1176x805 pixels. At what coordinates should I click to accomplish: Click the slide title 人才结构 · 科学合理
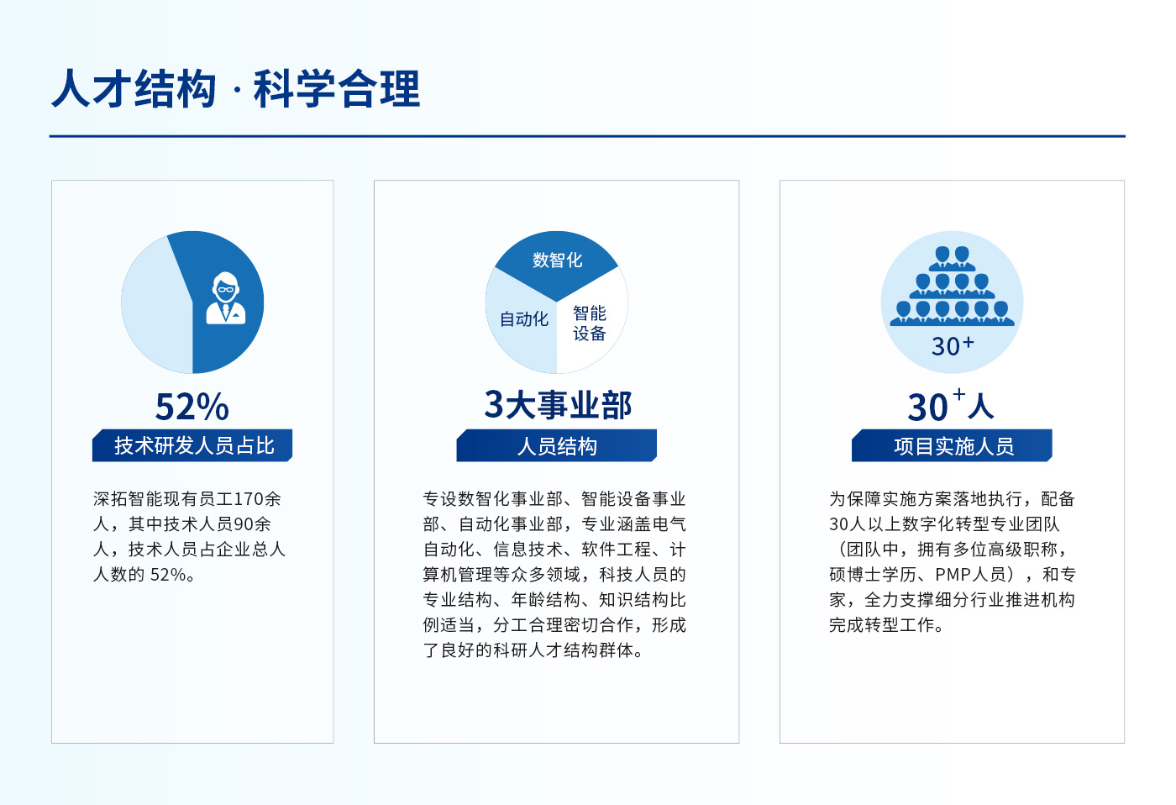point(236,88)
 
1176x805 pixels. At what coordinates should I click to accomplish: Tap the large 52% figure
point(192,407)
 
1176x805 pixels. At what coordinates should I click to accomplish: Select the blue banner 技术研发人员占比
point(192,445)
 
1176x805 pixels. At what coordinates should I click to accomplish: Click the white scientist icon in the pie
point(226,297)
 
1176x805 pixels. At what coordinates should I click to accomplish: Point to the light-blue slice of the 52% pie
point(155,304)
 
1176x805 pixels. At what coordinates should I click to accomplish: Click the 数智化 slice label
point(557,260)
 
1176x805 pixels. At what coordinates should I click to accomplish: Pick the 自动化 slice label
point(523,318)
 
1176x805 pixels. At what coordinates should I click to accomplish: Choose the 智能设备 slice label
point(589,323)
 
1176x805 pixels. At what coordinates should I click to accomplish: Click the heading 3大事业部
point(558,405)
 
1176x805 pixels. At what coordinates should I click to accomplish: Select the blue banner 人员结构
point(556,446)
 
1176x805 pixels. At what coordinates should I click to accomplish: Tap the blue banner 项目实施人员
point(952,446)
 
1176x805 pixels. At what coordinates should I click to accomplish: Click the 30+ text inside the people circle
point(953,346)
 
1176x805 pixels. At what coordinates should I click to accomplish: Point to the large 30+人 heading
point(951,405)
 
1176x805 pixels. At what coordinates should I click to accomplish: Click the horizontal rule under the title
point(587,136)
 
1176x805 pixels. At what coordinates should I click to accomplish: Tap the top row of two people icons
point(952,259)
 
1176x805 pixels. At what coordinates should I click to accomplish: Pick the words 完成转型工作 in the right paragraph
point(881,625)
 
